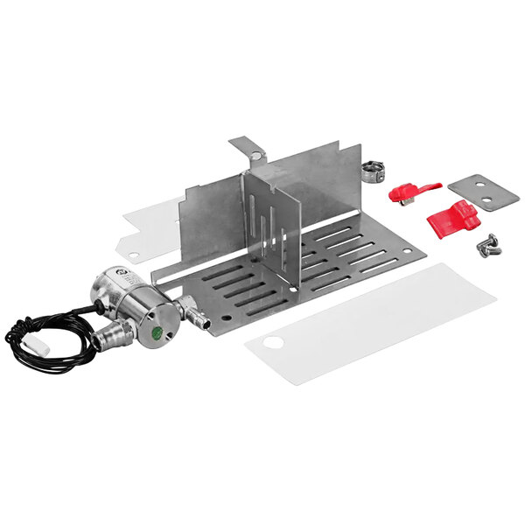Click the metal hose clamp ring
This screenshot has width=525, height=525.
[x=372, y=169]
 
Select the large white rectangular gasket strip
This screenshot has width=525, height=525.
[x=367, y=324]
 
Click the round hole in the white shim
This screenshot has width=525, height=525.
[x=134, y=255]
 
